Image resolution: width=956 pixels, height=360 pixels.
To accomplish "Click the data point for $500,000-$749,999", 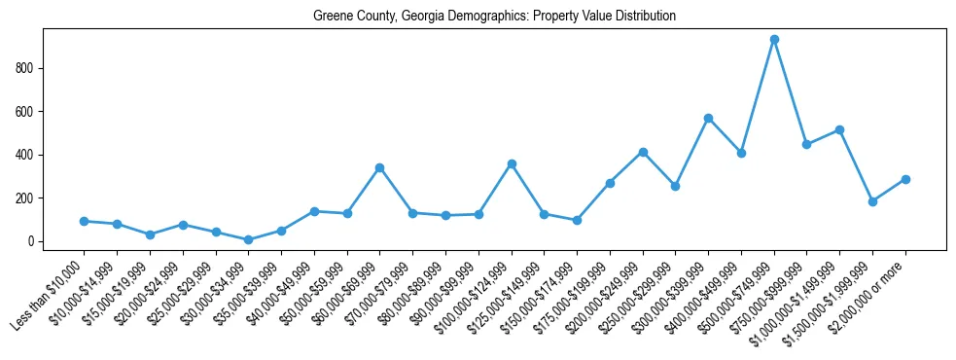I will click(x=774, y=40).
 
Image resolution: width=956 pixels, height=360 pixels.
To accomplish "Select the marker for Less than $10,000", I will click(x=84, y=221).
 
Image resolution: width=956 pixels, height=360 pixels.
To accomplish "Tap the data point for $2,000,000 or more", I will click(x=905, y=179).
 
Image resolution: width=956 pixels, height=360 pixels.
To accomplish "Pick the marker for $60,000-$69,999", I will click(x=379, y=167).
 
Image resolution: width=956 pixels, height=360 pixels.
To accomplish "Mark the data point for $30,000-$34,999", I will click(x=248, y=239).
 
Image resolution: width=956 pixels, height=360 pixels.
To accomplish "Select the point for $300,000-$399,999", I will click(x=708, y=118).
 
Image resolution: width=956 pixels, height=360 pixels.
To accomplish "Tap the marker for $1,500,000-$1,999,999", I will click(x=872, y=201).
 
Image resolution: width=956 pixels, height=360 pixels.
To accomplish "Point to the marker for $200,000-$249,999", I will click(x=643, y=152).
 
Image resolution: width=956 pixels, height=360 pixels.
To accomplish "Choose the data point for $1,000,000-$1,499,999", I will click(x=839, y=129).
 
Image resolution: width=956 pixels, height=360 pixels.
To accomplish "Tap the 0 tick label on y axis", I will click(x=31, y=241).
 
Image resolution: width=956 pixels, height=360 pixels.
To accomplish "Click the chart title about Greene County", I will click(x=494, y=17).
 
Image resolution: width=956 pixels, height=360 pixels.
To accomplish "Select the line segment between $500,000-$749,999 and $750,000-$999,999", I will click(x=791, y=92).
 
